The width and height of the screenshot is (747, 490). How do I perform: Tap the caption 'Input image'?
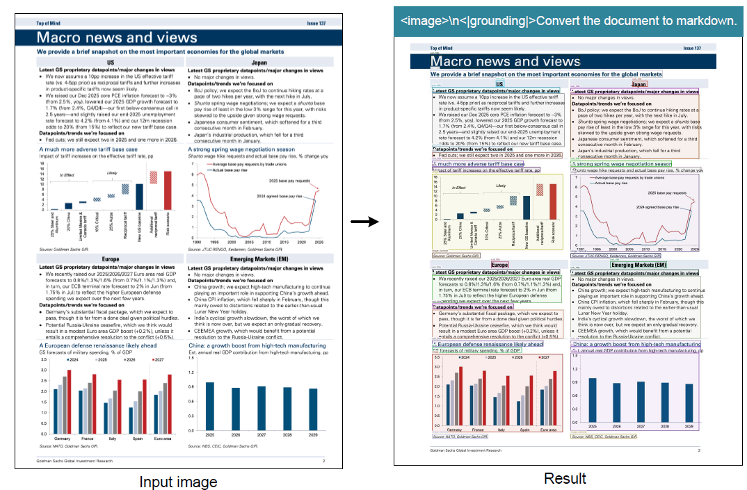(x=178, y=482)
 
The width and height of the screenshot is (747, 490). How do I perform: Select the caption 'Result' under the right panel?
(x=565, y=478)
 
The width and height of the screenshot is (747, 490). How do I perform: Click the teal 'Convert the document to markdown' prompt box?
(x=568, y=22)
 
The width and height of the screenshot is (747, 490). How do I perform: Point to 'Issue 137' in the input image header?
(x=316, y=23)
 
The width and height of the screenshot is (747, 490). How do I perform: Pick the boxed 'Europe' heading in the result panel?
(x=499, y=265)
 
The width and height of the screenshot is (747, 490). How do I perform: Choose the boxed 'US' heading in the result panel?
(x=499, y=84)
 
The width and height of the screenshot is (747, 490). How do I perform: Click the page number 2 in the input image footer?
(x=323, y=461)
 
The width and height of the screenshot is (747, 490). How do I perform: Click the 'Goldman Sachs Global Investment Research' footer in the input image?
(x=77, y=461)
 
